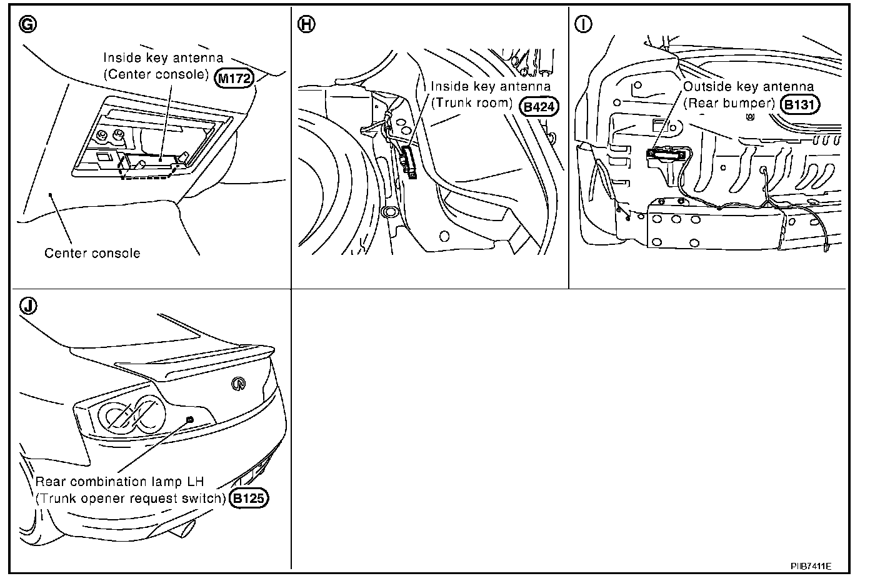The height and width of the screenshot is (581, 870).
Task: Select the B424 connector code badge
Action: tap(539, 106)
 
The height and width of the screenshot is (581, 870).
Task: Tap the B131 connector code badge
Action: tap(799, 105)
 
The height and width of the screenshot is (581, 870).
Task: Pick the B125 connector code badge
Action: tap(249, 499)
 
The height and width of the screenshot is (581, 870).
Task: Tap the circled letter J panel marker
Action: tap(28, 305)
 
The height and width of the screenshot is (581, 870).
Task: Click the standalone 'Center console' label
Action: tap(92, 253)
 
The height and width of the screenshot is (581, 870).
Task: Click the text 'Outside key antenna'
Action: tap(748, 87)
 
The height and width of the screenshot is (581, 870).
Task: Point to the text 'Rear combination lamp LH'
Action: tap(120, 482)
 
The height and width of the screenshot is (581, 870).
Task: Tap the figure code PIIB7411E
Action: tap(811, 566)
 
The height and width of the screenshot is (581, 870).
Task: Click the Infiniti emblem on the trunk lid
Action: tap(237, 384)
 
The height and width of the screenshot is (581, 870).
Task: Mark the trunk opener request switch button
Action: tap(190, 419)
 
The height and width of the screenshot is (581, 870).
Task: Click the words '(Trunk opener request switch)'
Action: tap(131, 499)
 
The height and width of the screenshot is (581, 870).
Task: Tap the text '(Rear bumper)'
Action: tap(729, 103)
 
